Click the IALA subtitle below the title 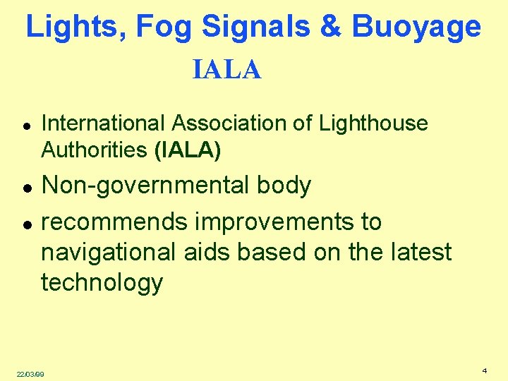[x=226, y=71]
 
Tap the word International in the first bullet [x=103, y=123]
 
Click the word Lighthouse [x=373, y=124]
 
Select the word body [x=283, y=186]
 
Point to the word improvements [x=275, y=222]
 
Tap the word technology [x=102, y=283]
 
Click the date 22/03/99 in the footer [x=30, y=374]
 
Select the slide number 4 [x=485, y=370]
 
